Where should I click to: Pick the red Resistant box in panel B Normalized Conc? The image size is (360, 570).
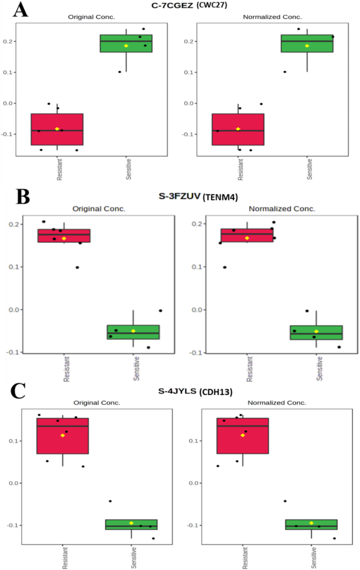click(246, 235)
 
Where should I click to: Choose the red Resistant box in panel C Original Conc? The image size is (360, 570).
click(63, 435)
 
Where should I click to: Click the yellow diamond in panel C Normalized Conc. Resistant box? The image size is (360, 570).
click(243, 435)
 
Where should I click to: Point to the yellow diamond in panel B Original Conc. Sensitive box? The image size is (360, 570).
click(133, 331)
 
